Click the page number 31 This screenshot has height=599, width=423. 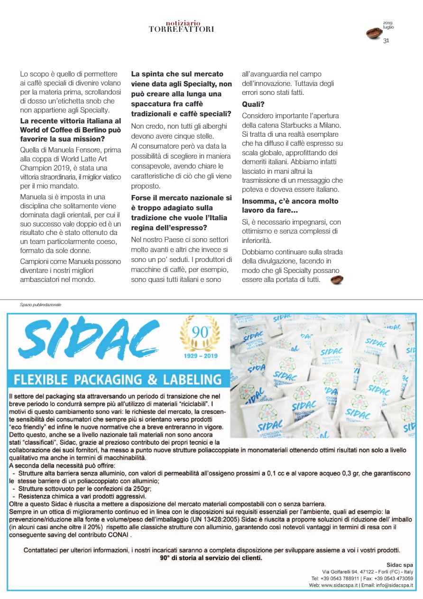pyautogui.click(x=386, y=41)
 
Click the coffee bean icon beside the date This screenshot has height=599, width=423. pyautogui.click(x=374, y=33)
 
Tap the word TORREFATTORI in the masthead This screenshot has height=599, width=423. pyautogui.click(x=181, y=29)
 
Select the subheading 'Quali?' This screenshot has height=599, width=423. pyautogui.click(x=253, y=104)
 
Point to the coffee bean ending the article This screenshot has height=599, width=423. pyautogui.click(x=337, y=280)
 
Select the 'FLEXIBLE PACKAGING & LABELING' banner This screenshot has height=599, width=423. pyautogui.click(x=117, y=380)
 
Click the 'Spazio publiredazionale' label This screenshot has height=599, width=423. pyautogui.click(x=41, y=305)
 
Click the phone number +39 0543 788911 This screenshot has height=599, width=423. pyautogui.click(x=338, y=579)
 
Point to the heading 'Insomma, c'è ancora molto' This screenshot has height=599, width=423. pyautogui.click(x=290, y=201)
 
